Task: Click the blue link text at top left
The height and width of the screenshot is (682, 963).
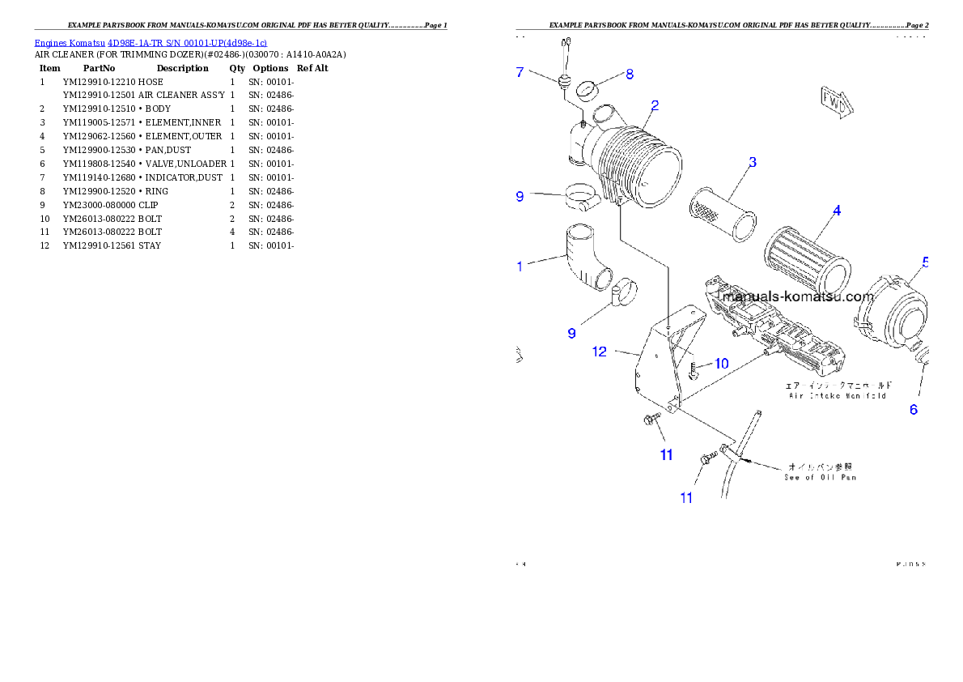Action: pos(151,42)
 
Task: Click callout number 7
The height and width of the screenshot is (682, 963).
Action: pos(520,73)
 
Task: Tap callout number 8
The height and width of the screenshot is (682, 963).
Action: pos(630,75)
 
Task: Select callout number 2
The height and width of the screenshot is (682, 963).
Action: pos(654,105)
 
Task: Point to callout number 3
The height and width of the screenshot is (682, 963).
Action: pos(752,162)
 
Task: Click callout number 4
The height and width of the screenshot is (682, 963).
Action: pos(837,211)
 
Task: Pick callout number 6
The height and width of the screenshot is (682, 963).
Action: pos(914,410)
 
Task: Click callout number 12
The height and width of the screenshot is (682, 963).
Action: pos(600,352)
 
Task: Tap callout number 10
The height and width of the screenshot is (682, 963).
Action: pos(721,364)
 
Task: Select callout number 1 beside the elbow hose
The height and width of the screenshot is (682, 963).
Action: pos(520,266)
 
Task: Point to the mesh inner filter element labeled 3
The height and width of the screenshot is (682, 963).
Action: pos(723,214)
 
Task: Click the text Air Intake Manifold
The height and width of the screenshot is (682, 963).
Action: pos(837,395)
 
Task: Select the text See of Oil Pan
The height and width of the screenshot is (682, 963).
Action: pos(820,477)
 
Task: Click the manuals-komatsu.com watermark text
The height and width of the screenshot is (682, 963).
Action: pos(798,296)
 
